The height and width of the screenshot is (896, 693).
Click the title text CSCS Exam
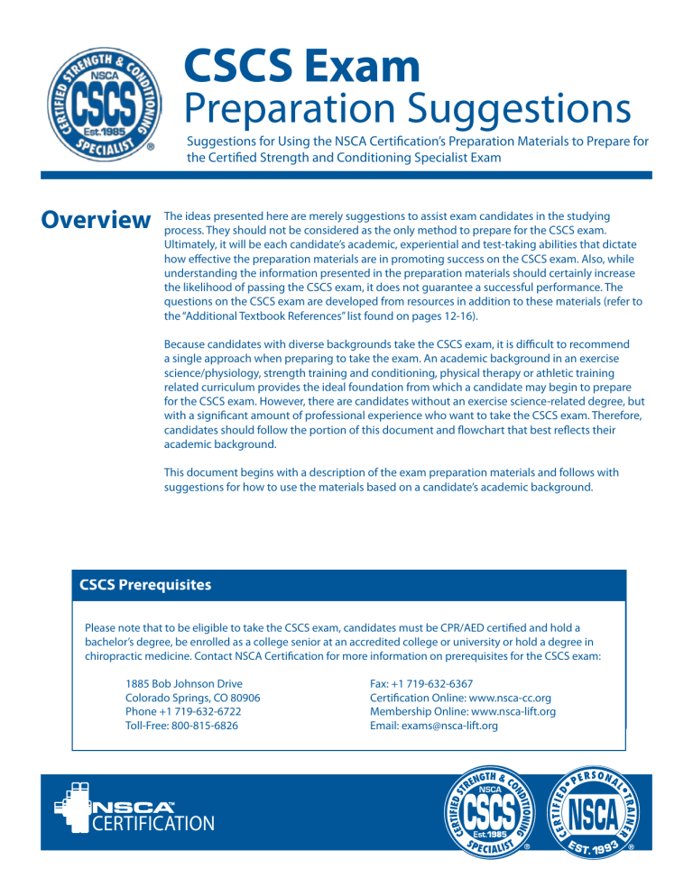[301, 69]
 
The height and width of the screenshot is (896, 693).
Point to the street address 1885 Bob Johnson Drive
[184, 684]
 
